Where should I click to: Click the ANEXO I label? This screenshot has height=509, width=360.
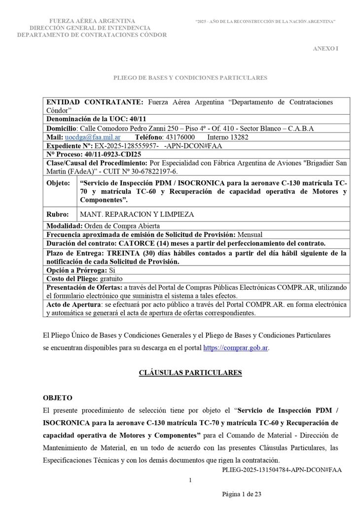pyautogui.click(x=325, y=48)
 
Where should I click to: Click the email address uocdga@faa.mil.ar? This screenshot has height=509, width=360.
pyautogui.click(x=93, y=137)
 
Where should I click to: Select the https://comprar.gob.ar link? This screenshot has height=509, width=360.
pyautogui.click(x=236, y=348)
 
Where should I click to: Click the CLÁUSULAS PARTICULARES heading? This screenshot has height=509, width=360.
pyautogui.click(x=190, y=373)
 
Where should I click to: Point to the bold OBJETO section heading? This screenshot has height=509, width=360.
pyautogui.click(x=58, y=398)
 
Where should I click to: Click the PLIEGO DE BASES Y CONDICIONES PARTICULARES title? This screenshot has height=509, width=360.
pyautogui.click(x=190, y=77)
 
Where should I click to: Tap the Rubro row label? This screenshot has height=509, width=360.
pyautogui.click(x=58, y=214)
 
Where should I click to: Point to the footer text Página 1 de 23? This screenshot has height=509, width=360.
pyautogui.click(x=242, y=494)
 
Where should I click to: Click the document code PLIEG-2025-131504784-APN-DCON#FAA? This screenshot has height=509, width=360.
pyautogui.click(x=282, y=470)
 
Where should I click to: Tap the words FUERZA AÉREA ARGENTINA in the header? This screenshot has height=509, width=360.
pyautogui.click(x=92, y=21)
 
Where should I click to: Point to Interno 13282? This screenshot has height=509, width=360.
pyautogui.click(x=228, y=137)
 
